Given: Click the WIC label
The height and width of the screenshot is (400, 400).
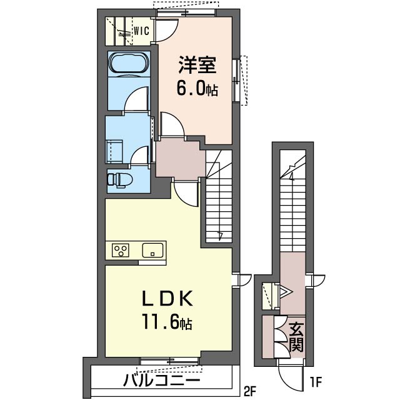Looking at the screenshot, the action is point(142,31).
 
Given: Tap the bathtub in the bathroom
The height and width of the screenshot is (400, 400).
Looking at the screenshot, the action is point(129,64).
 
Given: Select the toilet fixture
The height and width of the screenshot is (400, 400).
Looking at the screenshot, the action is point(120,179).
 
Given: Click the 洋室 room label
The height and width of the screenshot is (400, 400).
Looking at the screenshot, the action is point(197,65).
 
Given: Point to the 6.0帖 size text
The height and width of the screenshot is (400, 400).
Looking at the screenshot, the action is point(197,89).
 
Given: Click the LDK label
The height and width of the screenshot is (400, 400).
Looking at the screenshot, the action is point(167,299).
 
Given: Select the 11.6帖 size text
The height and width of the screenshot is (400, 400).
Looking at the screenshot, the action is point(167,322).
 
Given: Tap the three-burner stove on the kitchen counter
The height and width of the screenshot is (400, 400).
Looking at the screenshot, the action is point(121,250).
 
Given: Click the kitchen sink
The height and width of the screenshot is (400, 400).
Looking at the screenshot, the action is point(152,250).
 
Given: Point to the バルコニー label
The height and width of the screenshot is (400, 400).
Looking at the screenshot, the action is point(161,381).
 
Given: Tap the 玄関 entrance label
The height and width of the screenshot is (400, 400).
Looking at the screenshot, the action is point(296,337).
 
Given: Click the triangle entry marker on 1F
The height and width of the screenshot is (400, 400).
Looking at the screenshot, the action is point(285,292).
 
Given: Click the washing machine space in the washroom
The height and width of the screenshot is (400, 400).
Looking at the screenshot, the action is point(115,151).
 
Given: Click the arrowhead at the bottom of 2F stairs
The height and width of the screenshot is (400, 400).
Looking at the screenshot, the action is point(221,236).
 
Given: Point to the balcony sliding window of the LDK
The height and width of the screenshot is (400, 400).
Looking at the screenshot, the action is point(169,361).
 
